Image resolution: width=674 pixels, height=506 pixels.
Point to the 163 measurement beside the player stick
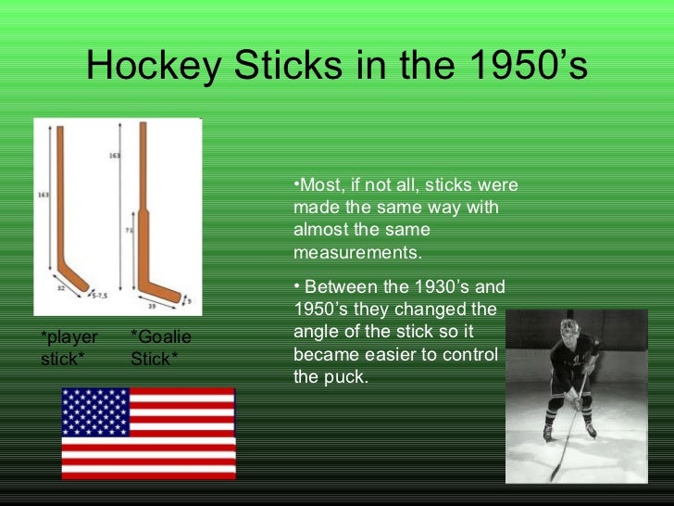[43, 195]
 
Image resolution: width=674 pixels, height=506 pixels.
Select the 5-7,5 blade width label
[99, 295]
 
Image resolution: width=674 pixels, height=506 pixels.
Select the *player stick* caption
[68, 348]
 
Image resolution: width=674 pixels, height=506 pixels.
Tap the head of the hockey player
[568, 332]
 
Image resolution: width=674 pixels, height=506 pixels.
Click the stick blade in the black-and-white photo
[556, 474]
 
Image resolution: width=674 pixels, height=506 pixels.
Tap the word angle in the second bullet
[316, 332]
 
